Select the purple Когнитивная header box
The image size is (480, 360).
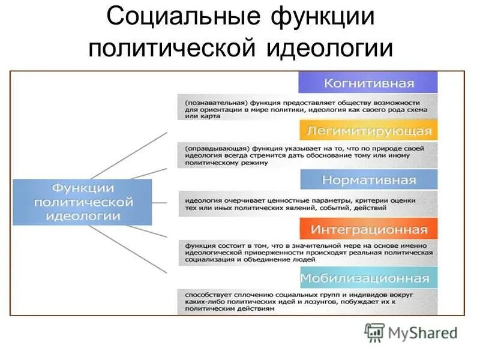[x=368, y=82]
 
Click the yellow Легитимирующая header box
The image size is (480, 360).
[x=368, y=130]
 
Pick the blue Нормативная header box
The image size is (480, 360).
[x=368, y=179]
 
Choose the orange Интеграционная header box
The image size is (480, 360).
[x=368, y=229]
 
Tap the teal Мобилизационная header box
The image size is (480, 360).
[x=368, y=278]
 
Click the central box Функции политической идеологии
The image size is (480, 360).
[x=82, y=202]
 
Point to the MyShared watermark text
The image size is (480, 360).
[x=422, y=332]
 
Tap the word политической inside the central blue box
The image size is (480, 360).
[x=82, y=202]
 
